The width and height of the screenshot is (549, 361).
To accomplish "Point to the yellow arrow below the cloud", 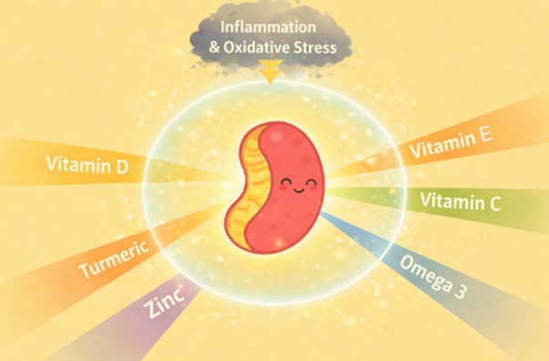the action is [270, 69].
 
